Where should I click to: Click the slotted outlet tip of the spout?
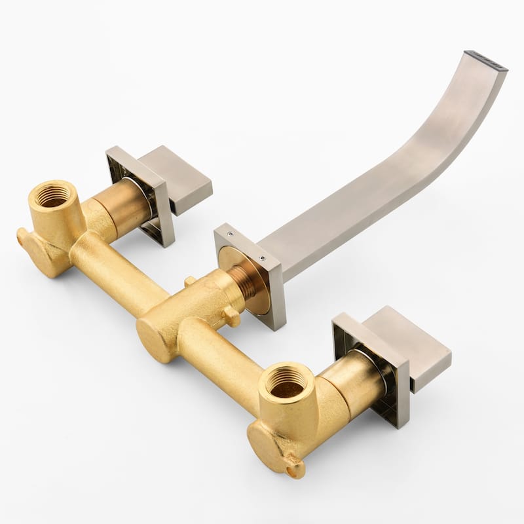[485, 61]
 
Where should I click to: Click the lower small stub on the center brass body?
[231, 317]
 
